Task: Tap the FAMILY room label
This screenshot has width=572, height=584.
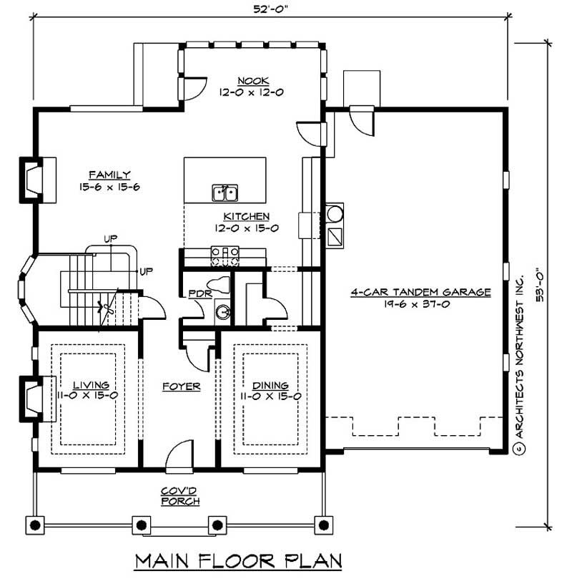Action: click(x=109, y=175)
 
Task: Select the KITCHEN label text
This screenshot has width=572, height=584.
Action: click(x=247, y=216)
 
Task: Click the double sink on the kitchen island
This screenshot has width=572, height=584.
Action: click(x=225, y=193)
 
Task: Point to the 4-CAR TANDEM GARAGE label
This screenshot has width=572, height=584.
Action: click(x=420, y=292)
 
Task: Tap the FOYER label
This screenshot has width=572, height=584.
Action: click(x=180, y=386)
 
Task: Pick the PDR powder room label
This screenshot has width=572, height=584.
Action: click(x=197, y=293)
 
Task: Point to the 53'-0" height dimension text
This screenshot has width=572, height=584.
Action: click(x=539, y=286)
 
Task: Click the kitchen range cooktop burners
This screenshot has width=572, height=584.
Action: click(x=225, y=252)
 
